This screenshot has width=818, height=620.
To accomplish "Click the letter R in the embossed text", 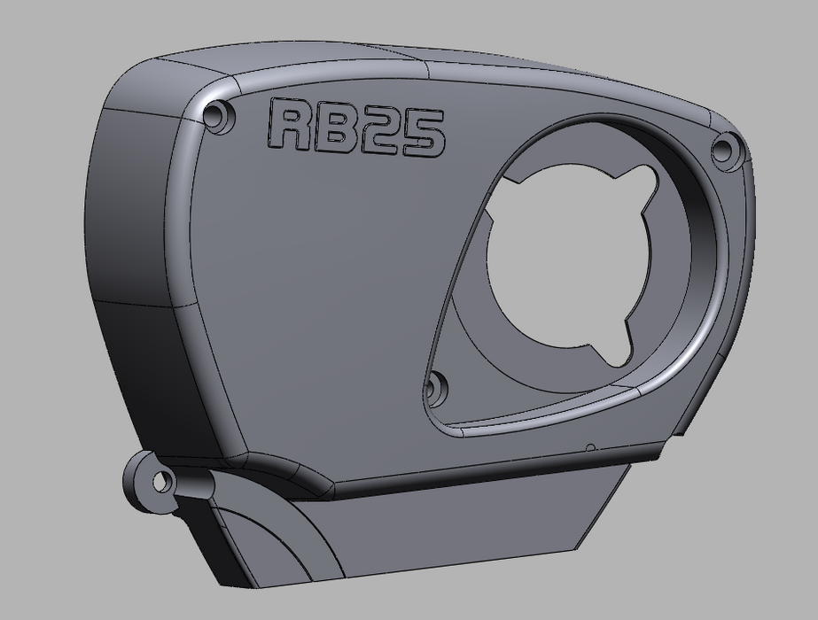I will [x=288, y=127].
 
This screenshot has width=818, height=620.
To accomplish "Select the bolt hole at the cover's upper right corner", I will [x=725, y=148].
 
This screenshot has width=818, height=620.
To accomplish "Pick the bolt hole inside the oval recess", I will [x=436, y=386].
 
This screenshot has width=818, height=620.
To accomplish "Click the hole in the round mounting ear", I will [x=161, y=483].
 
